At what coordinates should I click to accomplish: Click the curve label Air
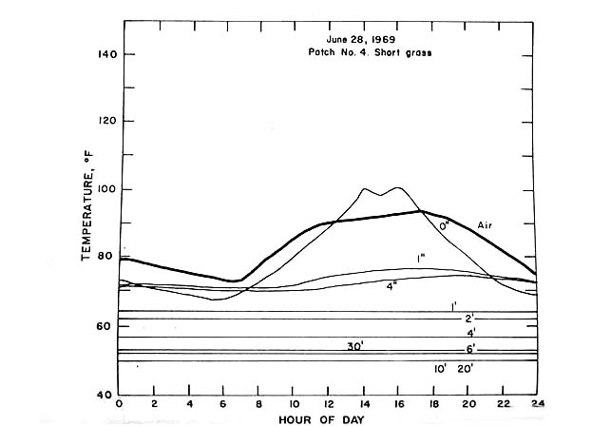tap(485, 226)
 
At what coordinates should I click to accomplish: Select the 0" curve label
tap(443, 226)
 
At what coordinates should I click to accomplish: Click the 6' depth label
tap(469, 351)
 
